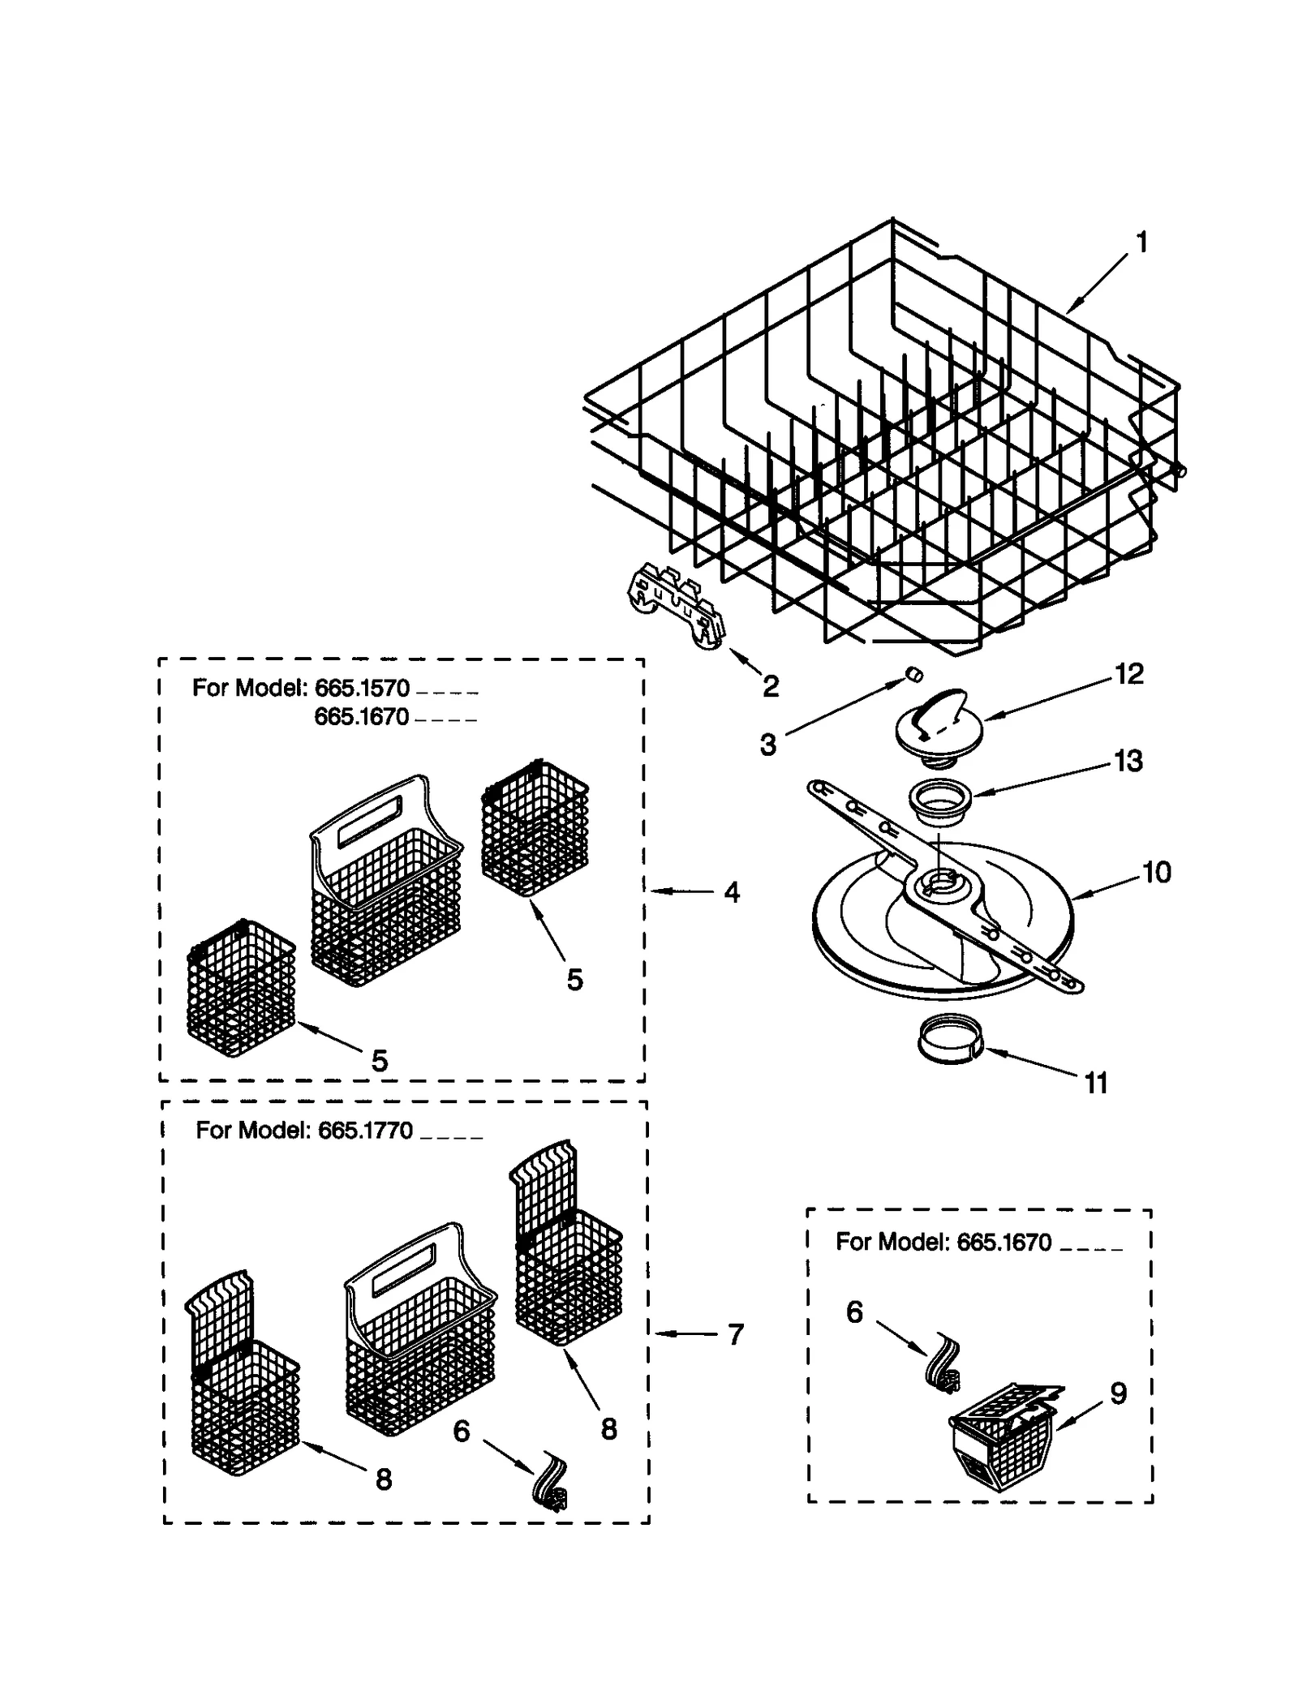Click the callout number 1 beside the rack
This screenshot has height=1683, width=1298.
point(1141,243)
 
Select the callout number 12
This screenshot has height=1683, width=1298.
point(1128,673)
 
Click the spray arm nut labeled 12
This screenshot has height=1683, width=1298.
point(939,726)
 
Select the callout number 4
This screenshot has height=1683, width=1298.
point(732,892)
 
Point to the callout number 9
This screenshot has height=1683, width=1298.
point(1118,1393)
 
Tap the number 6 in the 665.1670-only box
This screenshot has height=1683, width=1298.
point(854,1312)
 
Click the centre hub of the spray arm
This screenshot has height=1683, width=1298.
point(941,881)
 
